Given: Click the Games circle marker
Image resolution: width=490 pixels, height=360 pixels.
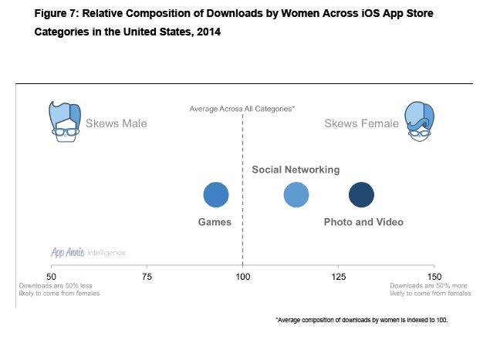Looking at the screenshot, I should [x=216, y=195].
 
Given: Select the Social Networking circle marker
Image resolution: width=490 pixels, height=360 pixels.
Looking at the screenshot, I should [x=296, y=195].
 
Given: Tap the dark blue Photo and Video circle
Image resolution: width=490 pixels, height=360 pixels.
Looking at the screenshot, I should [x=361, y=195].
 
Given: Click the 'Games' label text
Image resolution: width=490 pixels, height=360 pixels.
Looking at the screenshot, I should [x=215, y=222].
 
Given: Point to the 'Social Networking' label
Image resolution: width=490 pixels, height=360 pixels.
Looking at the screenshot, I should [x=296, y=170].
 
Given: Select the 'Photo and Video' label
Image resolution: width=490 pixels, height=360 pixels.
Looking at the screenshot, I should [x=363, y=222].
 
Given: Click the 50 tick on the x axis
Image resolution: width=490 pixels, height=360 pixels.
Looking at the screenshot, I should [x=52, y=276].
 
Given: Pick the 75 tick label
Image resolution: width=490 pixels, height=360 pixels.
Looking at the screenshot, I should [x=147, y=276].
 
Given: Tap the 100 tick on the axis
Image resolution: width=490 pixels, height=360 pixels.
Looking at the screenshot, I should [x=243, y=276].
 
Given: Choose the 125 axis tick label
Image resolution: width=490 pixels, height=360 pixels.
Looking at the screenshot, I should [x=339, y=276].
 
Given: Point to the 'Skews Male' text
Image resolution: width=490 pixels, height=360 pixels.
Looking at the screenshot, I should [x=116, y=123].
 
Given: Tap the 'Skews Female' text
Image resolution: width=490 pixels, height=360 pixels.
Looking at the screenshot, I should [x=361, y=123].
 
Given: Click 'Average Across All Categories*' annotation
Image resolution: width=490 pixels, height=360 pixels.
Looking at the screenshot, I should [x=242, y=109].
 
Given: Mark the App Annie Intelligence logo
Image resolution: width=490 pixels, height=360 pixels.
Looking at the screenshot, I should [x=88, y=252].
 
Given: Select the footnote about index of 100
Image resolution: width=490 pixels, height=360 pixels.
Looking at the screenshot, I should [x=361, y=319].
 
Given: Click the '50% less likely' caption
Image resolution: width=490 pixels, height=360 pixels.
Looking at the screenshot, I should [x=59, y=289].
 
